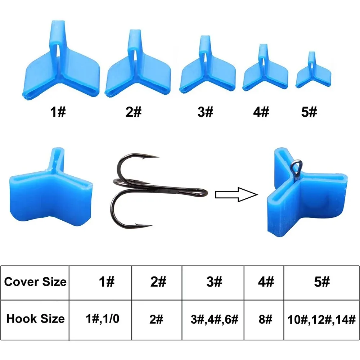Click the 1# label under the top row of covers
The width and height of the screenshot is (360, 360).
point(58,112)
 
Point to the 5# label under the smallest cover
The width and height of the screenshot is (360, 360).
point(309,112)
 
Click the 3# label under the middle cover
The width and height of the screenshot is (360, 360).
point(206,112)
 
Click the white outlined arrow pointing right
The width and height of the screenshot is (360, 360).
point(237,195)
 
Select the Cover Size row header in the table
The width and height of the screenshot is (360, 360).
point(35,282)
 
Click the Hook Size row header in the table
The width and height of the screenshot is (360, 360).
point(35,319)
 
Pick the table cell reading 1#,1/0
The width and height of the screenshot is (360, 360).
point(102,319)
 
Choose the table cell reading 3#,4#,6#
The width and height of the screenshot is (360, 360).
point(215,319)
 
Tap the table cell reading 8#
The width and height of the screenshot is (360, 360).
point(265,319)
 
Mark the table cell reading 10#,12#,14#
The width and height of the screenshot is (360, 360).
point(321,320)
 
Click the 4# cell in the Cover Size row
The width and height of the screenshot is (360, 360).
point(266,282)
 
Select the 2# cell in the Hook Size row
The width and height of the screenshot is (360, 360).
point(156,319)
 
